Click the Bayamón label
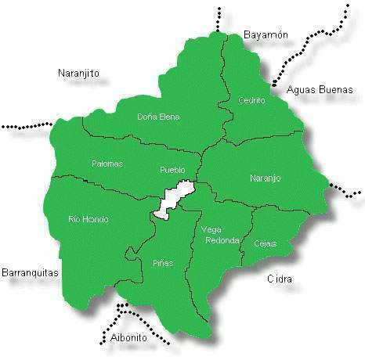click(266, 35)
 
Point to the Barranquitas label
click(31, 273)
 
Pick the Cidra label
click(280, 279)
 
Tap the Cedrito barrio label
click(252, 100)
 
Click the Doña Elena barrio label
click(158, 117)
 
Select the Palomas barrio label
click(107, 164)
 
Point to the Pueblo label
click(172, 169)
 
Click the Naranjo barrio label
click(265, 178)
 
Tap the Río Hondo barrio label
click(89, 219)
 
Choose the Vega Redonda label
click(220, 235)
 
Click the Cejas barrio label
click(265, 243)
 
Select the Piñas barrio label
click(163, 263)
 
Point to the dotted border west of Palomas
click(27, 125)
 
